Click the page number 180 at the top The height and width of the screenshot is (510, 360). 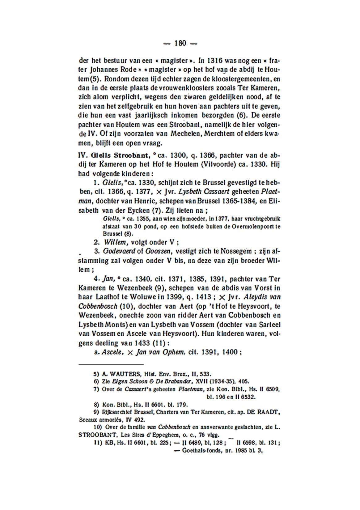(180, 44)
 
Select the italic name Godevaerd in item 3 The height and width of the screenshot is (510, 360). (118, 251)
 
